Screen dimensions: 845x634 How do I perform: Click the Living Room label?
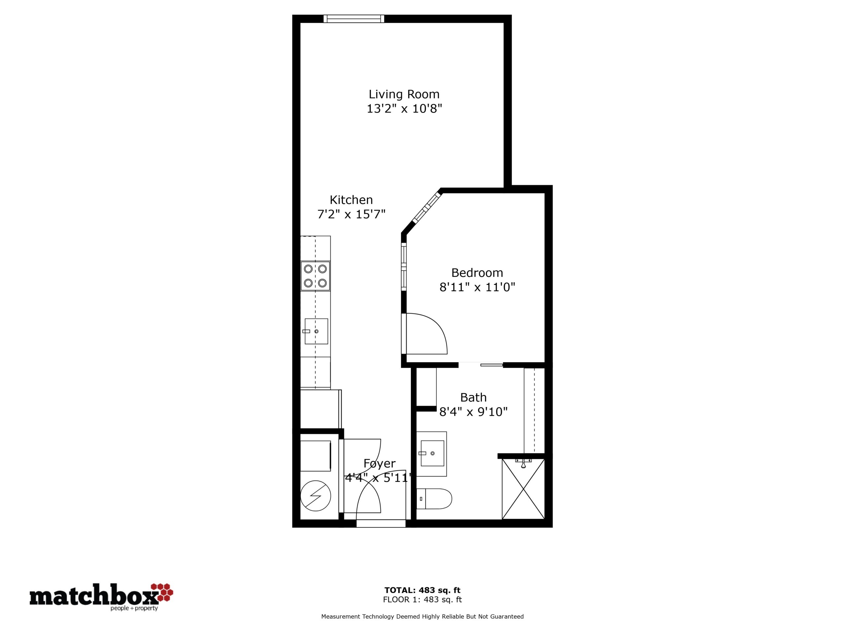point(404,94)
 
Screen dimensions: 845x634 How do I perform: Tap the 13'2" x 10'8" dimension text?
point(404,109)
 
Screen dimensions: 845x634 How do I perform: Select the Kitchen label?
point(351,199)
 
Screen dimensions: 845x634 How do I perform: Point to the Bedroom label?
point(477,272)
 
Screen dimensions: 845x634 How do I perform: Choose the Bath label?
point(473,398)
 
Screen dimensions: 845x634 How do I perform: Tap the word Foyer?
point(379,464)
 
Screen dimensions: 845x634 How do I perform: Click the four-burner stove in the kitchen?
point(316,276)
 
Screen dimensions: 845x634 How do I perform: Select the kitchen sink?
point(316,331)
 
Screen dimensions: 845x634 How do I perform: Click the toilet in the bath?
point(434,499)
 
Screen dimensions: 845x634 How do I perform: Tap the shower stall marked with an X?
point(523,489)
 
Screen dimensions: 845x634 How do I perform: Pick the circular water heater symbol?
point(316,496)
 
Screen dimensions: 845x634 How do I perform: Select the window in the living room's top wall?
point(354,19)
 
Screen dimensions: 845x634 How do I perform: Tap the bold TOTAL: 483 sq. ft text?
point(422,590)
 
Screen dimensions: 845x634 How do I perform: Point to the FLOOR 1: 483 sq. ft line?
point(422,600)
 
